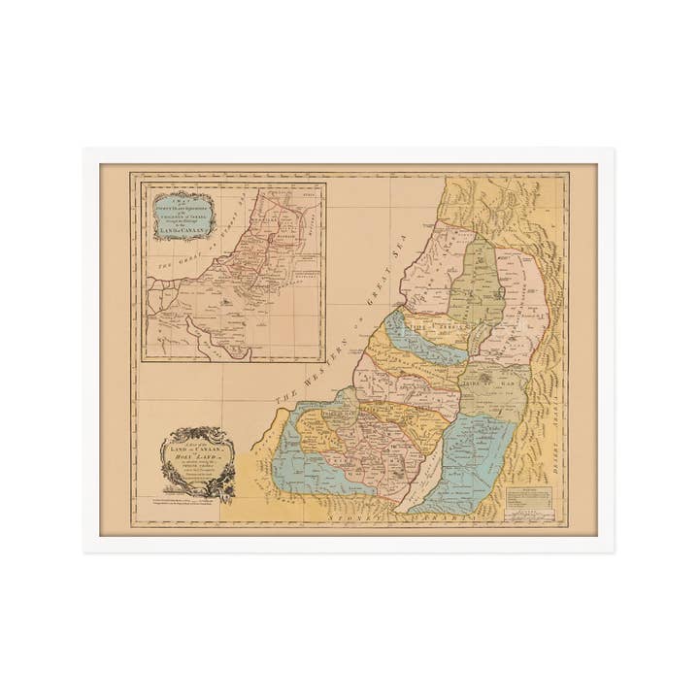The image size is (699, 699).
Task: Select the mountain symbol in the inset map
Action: coord(225,302)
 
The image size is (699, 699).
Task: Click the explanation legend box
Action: coord(528,497)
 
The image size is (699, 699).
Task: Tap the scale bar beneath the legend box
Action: coord(528,514)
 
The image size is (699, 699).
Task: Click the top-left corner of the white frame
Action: coord(86,150)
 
